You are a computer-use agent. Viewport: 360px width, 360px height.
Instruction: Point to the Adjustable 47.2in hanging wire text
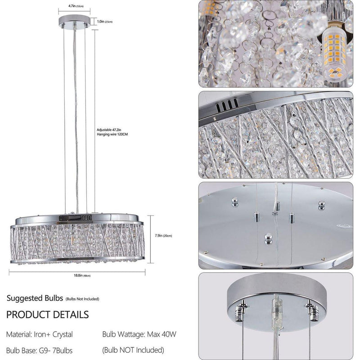coord(112,131)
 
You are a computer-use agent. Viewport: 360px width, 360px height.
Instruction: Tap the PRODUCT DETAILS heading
coord(47,314)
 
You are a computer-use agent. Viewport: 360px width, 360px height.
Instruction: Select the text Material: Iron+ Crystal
coord(39,334)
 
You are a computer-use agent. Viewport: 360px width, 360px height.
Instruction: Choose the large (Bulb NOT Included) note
coord(133,350)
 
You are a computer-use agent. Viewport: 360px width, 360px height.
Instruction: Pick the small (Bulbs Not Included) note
coord(82,299)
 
